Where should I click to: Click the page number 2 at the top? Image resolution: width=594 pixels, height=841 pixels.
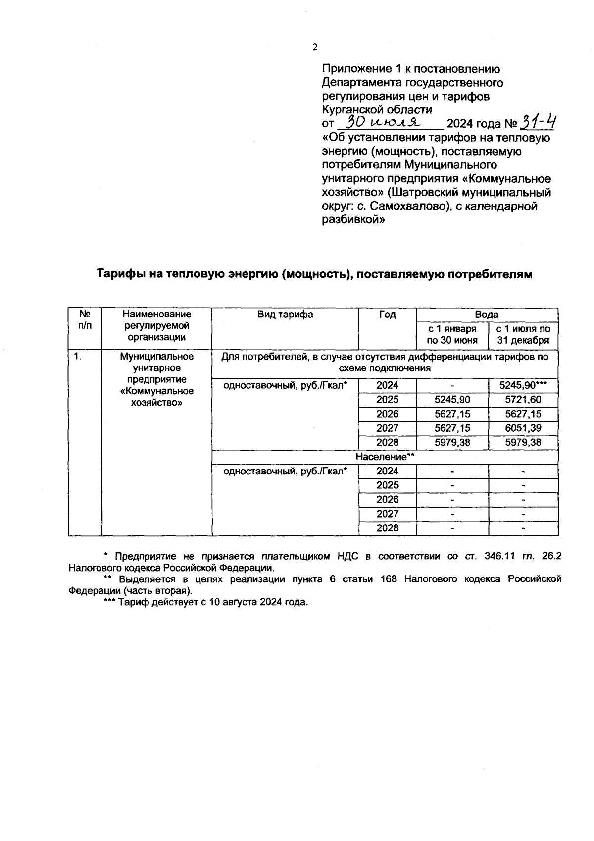point(315,48)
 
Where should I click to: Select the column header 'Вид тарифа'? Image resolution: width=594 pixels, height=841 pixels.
point(285,315)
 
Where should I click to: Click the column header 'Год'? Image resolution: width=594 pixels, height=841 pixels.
point(387,315)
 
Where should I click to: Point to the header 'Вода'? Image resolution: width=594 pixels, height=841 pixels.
point(487,315)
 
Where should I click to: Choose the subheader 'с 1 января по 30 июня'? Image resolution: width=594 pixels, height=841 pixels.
point(452,335)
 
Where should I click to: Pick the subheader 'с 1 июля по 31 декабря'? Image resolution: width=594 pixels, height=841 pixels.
point(523,335)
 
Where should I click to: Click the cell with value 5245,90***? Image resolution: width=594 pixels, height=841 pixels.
point(523,386)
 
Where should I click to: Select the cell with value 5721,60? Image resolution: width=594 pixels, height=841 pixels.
point(523,400)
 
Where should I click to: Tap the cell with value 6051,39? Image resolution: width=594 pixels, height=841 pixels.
point(523,428)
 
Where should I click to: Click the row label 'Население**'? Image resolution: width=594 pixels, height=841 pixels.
point(385,457)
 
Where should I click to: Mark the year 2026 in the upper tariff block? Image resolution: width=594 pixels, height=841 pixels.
point(387,414)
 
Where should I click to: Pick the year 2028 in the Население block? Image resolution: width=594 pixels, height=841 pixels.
point(387,528)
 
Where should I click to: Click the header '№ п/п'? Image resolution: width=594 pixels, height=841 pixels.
point(85,320)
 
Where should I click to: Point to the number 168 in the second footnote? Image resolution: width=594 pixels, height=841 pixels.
point(388,579)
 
